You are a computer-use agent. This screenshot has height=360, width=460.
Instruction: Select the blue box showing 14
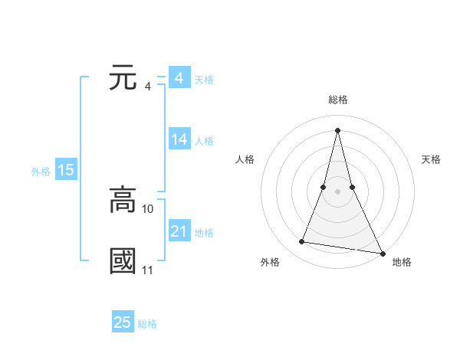point(179,139)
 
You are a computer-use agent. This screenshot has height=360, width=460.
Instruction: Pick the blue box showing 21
point(179,231)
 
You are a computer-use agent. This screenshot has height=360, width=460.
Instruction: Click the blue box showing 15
point(66,171)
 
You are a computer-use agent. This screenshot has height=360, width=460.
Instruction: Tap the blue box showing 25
point(123,322)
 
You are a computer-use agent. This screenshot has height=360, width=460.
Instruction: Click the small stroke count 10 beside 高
point(148,208)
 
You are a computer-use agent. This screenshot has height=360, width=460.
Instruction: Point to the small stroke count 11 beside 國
point(148,270)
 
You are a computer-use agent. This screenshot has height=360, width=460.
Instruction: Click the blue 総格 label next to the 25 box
point(147,324)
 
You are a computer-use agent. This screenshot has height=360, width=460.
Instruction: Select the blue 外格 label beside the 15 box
point(41,172)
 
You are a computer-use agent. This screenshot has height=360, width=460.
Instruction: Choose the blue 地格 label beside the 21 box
point(204,233)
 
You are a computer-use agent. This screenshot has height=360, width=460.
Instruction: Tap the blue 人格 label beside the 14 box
point(204,141)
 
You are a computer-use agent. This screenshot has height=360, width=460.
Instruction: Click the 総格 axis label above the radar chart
point(337,100)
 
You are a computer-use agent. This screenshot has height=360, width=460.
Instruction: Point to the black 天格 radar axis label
point(431,159)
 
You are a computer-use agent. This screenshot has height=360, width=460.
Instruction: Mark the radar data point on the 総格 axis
point(337,129)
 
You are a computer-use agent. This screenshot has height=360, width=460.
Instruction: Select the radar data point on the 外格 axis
point(302,242)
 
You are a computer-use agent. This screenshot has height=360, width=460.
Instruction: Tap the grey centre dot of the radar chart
point(337,191)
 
